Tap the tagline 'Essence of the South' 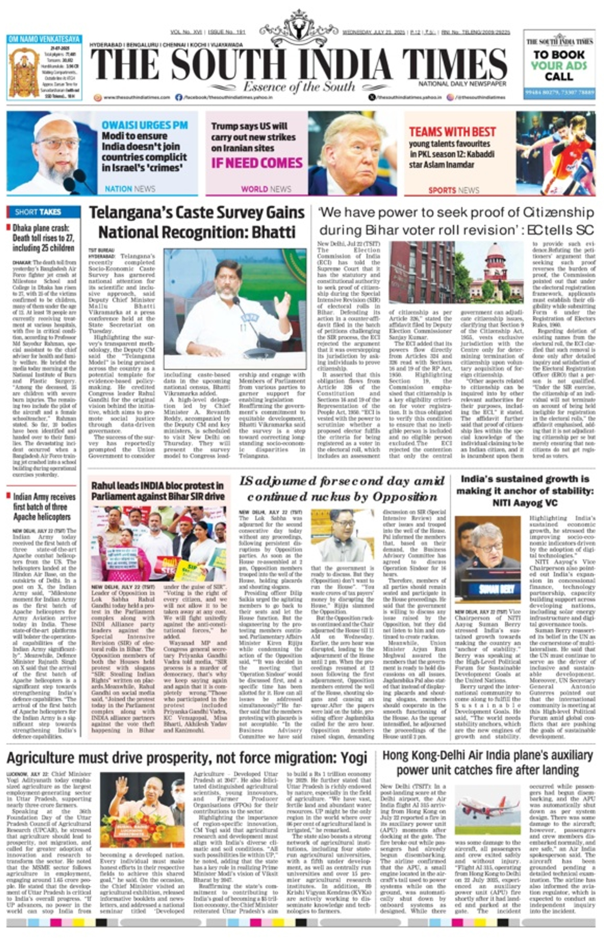tap(299, 87)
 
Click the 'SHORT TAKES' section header tap(38, 212)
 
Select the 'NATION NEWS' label tap(130, 189)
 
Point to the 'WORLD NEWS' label tap(266, 189)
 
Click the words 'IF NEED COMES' tap(257, 163)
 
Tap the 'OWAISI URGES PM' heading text tap(145, 125)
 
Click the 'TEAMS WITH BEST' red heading tap(452, 132)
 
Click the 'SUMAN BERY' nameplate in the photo tap(488, 589)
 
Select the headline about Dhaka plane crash tap(43, 238)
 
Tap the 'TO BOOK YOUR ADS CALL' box tap(559, 66)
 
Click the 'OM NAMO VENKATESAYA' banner tap(44, 39)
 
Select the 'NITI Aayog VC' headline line tap(525, 503)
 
